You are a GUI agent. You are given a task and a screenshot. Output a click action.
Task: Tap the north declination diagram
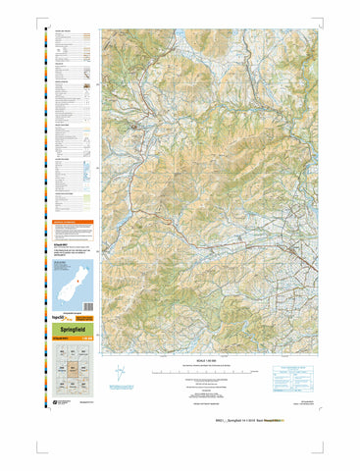tap(119, 376)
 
